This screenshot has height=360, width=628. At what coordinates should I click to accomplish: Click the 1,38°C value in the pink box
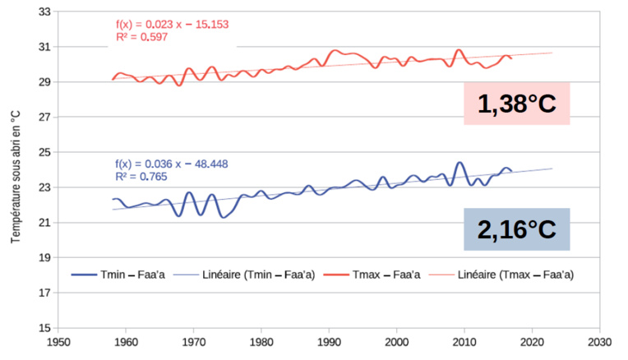click(517, 104)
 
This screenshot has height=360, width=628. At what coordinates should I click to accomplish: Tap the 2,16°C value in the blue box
click(517, 229)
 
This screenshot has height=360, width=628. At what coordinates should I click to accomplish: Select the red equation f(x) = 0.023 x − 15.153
click(172, 25)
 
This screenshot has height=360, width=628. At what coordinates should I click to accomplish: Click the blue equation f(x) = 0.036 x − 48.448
click(171, 164)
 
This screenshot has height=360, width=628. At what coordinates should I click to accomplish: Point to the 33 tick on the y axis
click(45, 12)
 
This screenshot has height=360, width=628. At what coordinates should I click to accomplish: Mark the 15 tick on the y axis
click(45, 328)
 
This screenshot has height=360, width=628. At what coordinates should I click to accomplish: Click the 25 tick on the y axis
click(45, 153)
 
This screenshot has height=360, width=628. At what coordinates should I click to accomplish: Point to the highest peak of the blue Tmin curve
click(459, 163)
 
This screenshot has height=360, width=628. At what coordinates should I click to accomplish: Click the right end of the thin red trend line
click(552, 53)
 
